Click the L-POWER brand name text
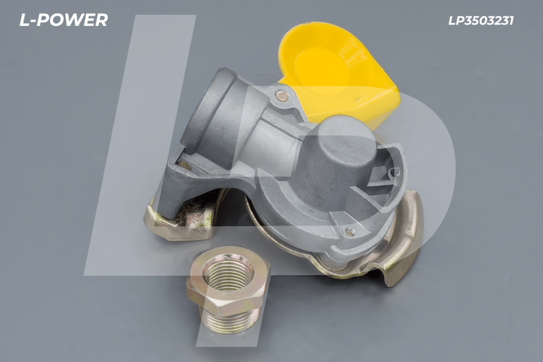(x=64, y=20)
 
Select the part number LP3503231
(x=481, y=21)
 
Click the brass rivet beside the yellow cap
(x=282, y=95)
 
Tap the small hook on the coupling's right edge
(x=394, y=171)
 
